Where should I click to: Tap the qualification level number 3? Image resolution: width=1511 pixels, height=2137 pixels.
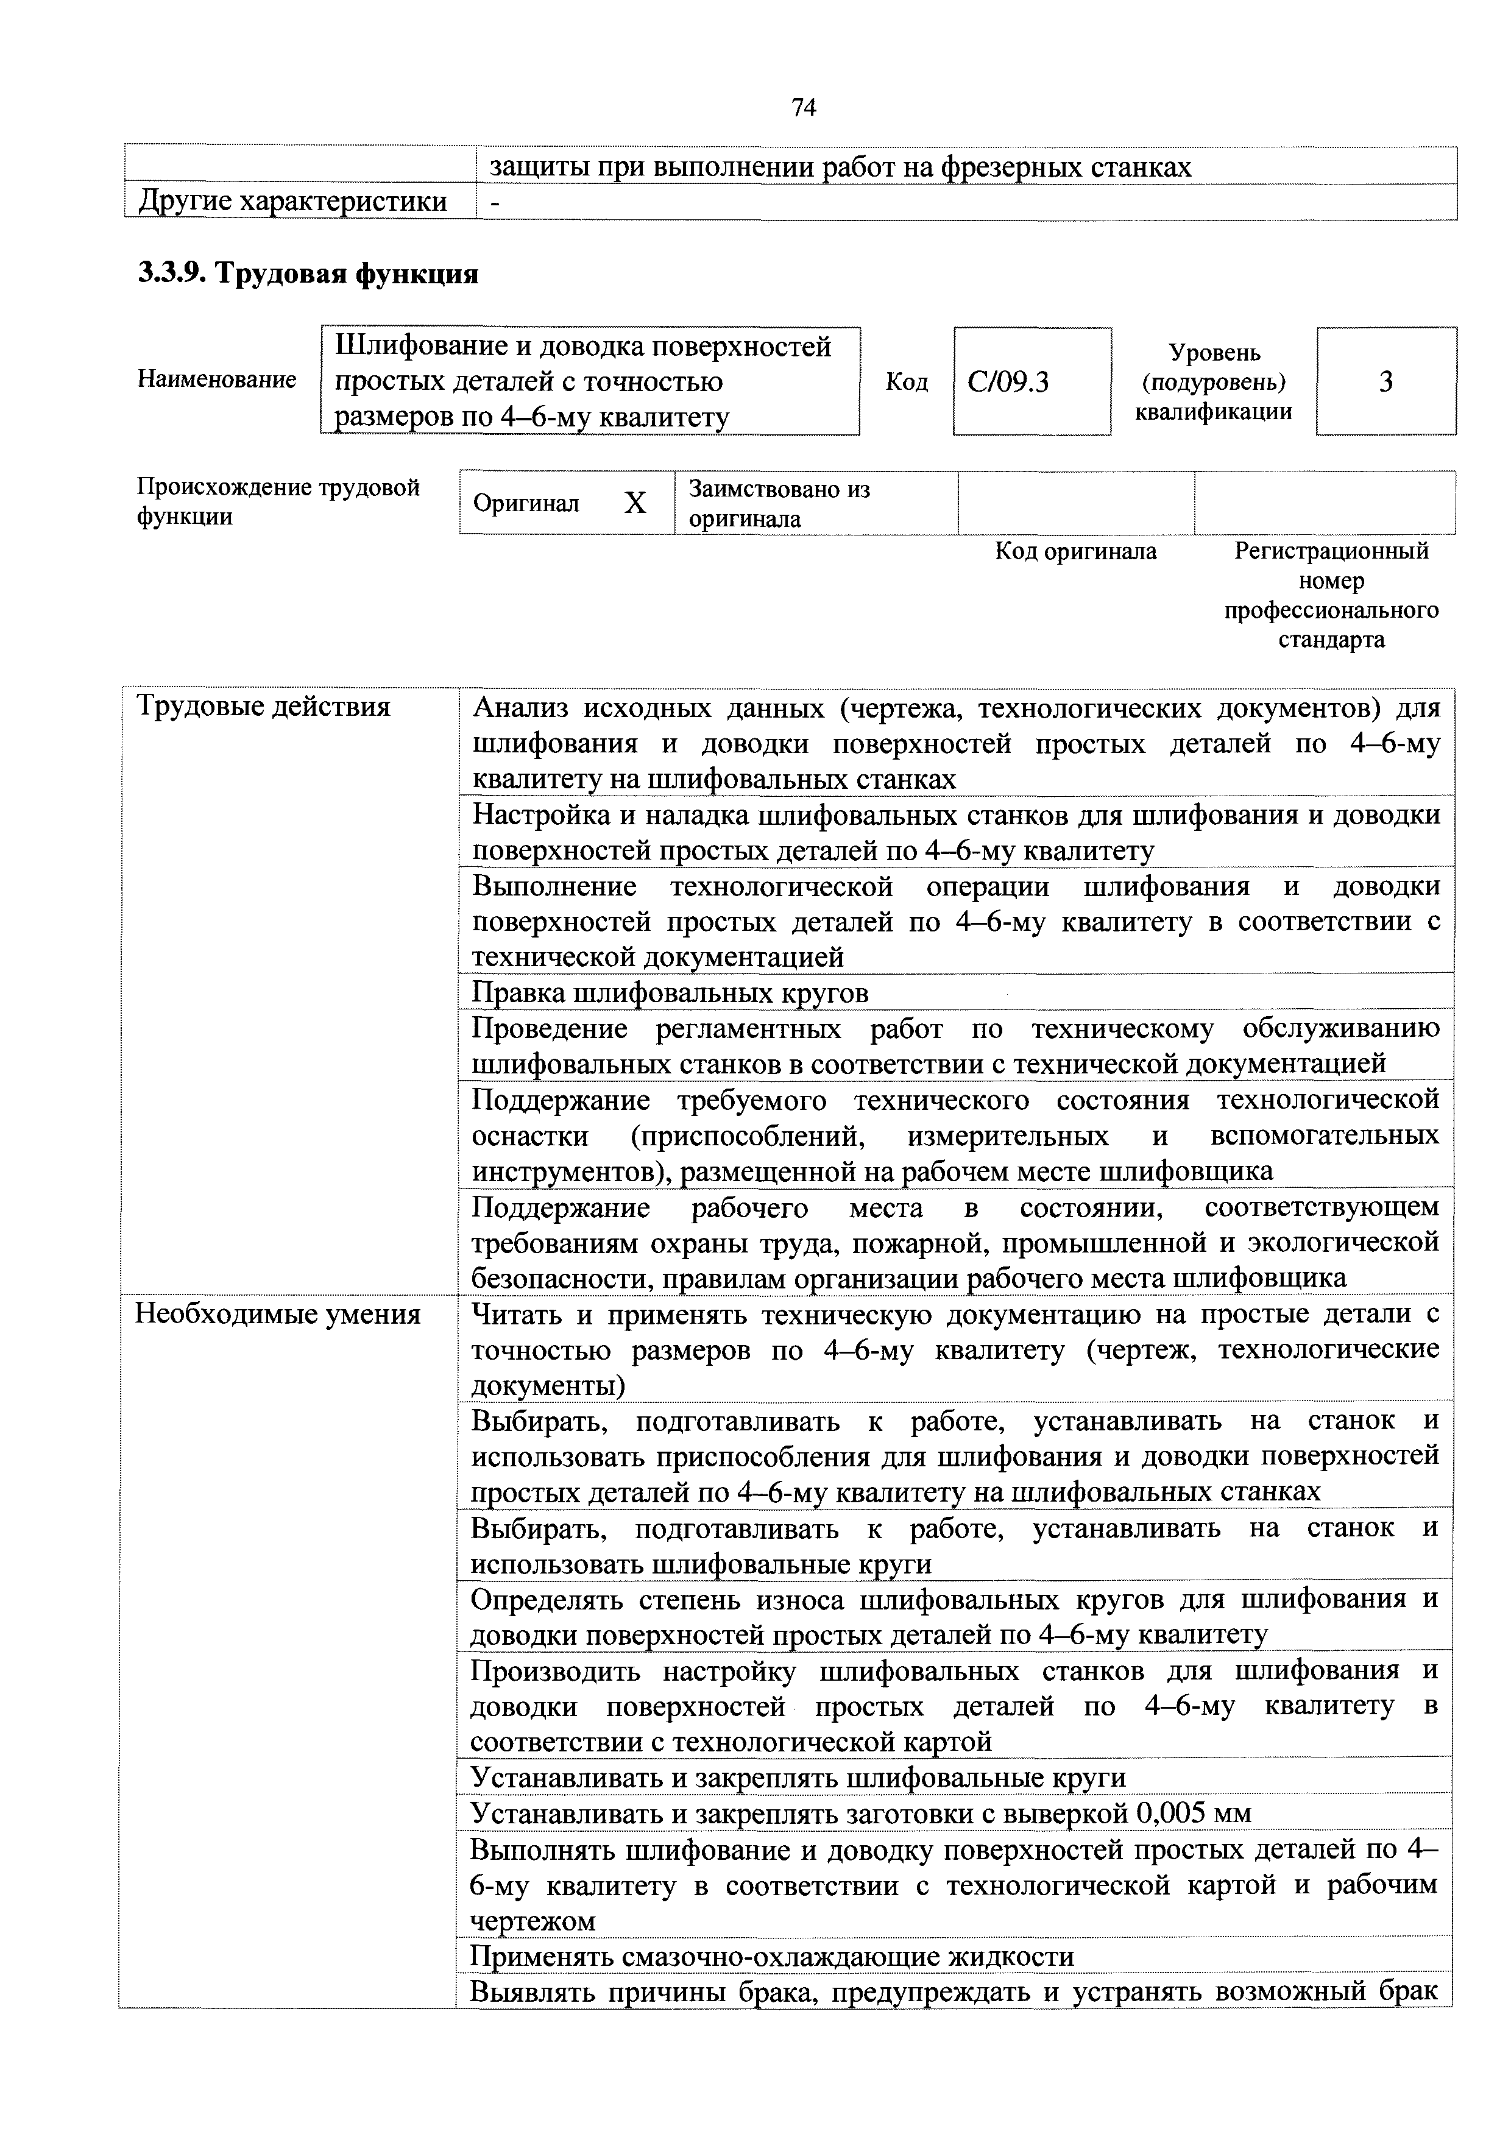(x=1385, y=381)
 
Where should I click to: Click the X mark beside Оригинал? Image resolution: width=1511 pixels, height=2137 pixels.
(x=635, y=504)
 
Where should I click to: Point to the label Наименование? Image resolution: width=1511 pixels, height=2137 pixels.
(x=217, y=380)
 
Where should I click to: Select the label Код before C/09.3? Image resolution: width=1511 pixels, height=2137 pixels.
(x=906, y=381)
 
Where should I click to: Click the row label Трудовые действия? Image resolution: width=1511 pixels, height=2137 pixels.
(x=263, y=707)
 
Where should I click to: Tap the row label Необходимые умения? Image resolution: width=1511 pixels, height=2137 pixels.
(x=277, y=1314)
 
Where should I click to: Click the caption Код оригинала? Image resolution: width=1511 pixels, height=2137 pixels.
(x=1075, y=552)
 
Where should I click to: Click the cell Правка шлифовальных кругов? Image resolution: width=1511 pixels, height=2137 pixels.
(x=670, y=993)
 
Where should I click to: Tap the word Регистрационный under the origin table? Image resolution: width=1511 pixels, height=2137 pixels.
(x=1331, y=552)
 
